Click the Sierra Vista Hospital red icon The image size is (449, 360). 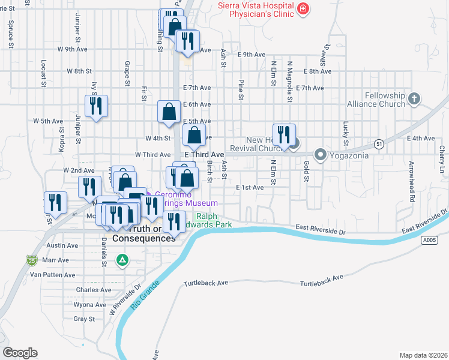tap(304, 8)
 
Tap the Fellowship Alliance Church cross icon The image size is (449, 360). tap(414, 99)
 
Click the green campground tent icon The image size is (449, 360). tap(122, 260)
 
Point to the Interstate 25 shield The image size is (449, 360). tap(31, 260)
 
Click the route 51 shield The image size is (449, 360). tap(378, 144)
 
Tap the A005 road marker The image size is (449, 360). tap(429, 240)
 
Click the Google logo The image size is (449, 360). tap(20, 353)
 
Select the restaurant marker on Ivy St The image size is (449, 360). tap(96, 106)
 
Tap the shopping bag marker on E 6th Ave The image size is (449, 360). tap(169, 110)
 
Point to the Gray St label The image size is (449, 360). tap(80, 319)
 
